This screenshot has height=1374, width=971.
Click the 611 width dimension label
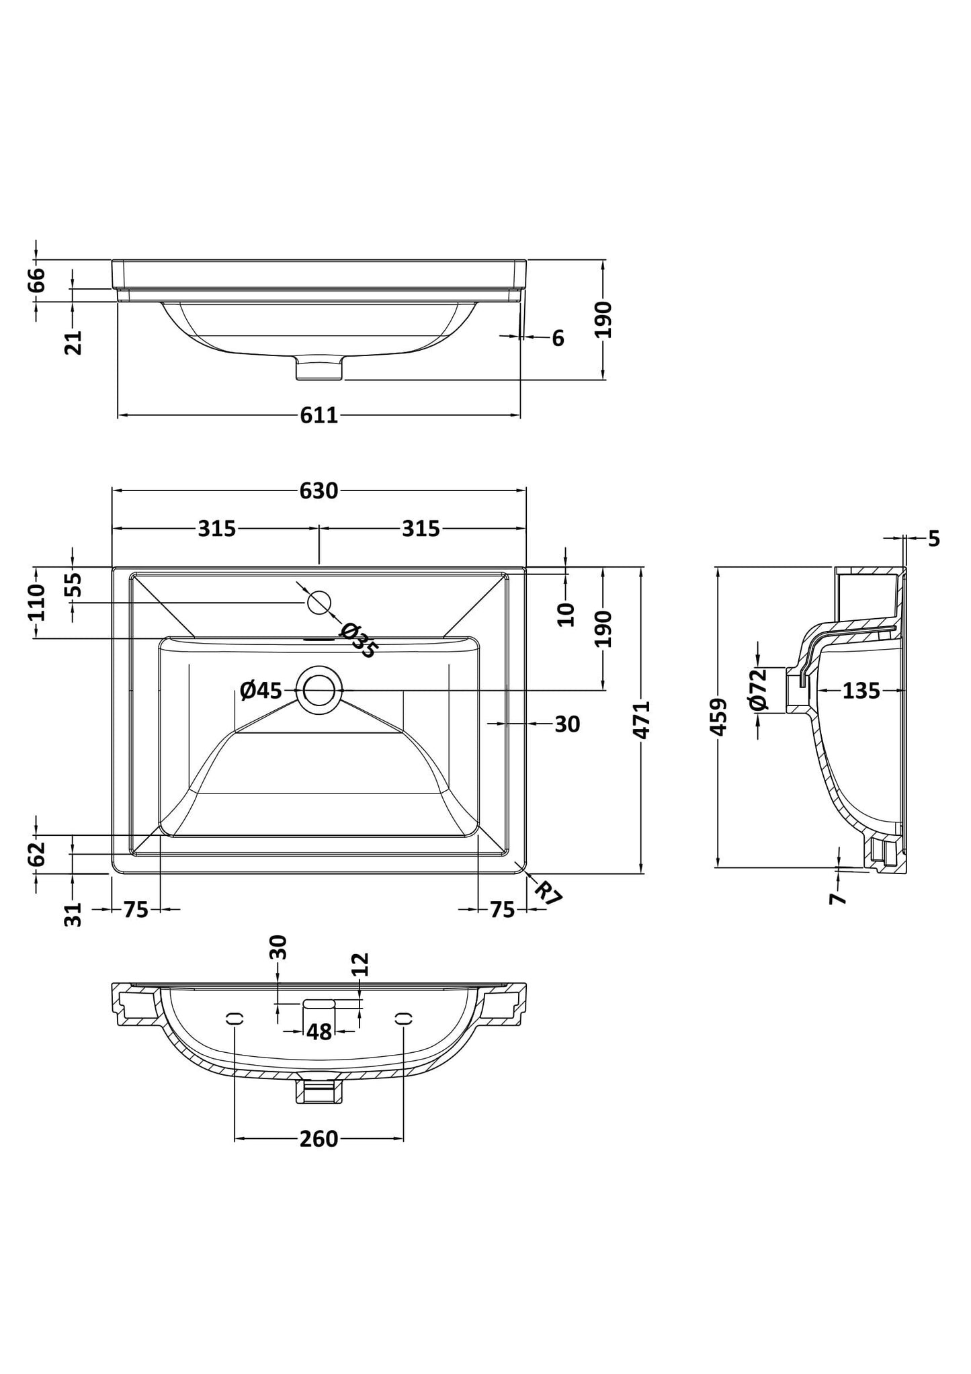[319, 416]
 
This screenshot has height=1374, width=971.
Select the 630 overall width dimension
[319, 491]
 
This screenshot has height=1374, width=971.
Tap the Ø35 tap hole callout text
[359, 640]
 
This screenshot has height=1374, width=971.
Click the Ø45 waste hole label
[261, 689]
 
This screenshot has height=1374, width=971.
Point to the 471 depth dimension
[642, 720]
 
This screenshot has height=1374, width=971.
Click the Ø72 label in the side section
[758, 689]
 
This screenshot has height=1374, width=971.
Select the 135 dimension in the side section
[861, 690]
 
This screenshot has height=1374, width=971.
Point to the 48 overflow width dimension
[319, 1031]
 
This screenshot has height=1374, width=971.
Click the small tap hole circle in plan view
[320, 601]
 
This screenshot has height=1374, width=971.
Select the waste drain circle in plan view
[319, 689]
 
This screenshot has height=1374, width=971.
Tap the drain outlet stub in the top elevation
[320, 368]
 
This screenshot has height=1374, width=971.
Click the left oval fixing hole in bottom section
[235, 1019]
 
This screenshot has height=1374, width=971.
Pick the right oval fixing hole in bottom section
[403, 1019]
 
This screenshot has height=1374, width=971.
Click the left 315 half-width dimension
[216, 529]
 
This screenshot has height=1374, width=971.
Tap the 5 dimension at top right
[934, 538]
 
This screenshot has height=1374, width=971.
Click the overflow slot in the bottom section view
[319, 1003]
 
